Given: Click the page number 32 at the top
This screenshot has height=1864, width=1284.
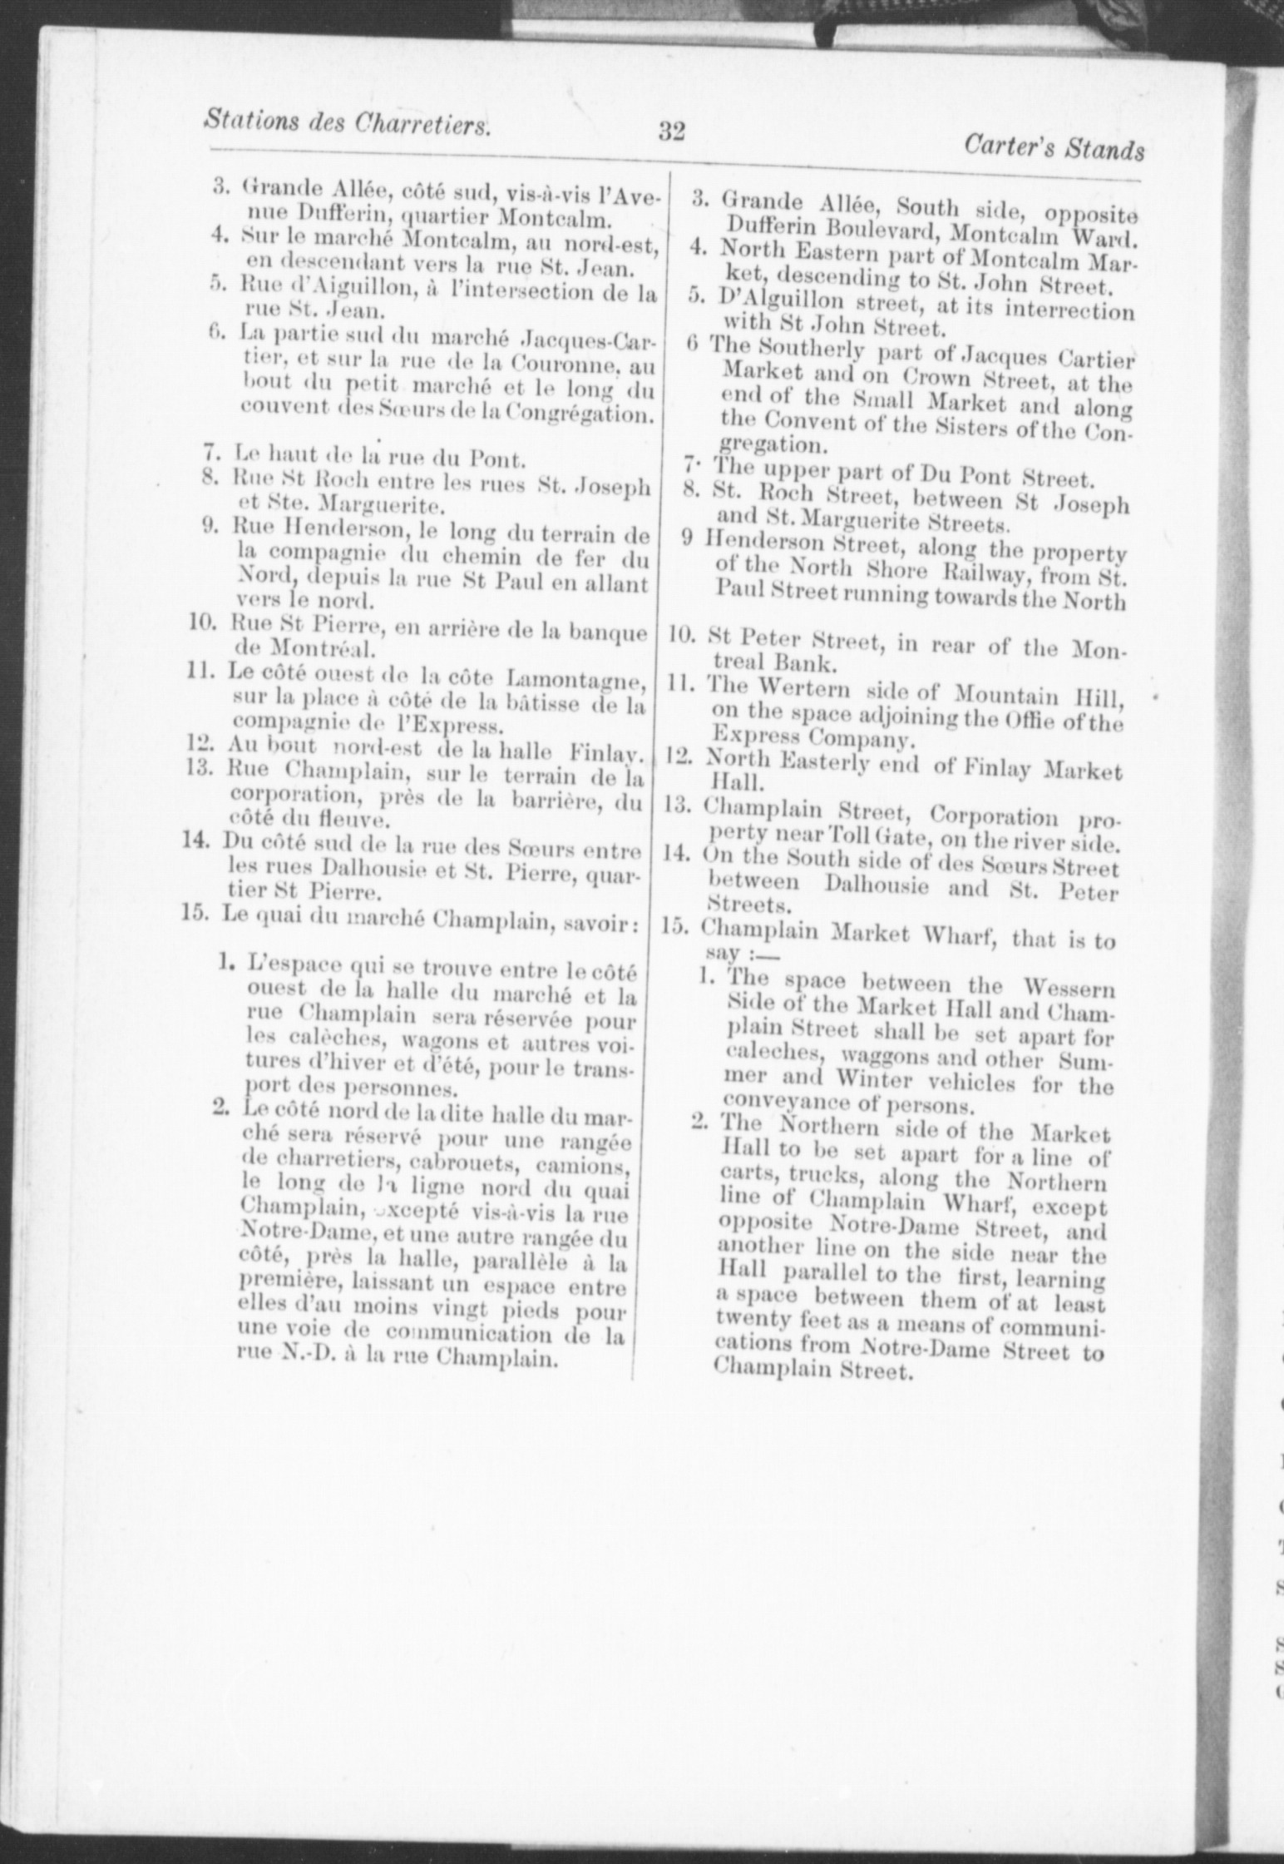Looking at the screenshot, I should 671,131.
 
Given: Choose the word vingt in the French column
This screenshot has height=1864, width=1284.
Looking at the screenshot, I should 484,1314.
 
